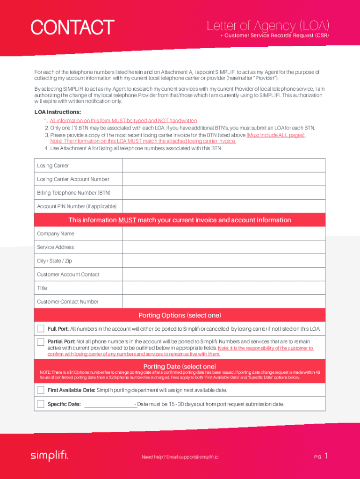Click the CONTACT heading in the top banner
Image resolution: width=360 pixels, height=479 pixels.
(72, 27)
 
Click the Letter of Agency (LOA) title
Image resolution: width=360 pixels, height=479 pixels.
(268, 25)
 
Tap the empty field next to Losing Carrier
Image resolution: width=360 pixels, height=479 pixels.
(223, 166)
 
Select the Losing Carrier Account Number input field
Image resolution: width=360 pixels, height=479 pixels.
(223, 179)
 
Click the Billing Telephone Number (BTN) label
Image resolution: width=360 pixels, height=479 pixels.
(73, 193)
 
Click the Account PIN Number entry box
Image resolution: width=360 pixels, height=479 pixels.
(223, 206)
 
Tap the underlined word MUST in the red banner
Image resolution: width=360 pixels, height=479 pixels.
(127, 220)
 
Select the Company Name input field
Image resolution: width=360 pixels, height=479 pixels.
(223, 233)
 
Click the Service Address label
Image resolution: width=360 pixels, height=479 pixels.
(55, 247)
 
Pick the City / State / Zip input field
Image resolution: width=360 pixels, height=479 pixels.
(223, 261)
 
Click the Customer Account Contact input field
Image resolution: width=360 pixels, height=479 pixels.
(223, 274)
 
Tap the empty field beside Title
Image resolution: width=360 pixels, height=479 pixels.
(223, 288)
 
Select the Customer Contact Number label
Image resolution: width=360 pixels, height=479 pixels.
(67, 302)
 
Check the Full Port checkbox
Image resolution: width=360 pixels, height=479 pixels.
(41, 328)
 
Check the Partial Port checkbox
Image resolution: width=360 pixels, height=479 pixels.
(41, 341)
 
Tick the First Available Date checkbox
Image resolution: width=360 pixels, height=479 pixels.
(41, 390)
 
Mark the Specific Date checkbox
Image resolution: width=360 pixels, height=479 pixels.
(41, 404)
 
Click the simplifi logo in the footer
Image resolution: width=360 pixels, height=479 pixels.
(49, 455)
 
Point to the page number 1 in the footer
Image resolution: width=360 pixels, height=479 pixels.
(326, 456)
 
